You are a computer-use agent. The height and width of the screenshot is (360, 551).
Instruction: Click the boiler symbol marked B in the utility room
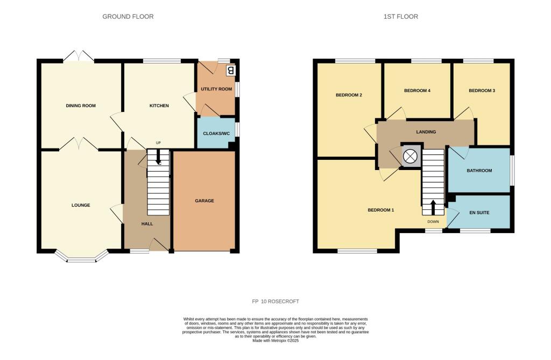pos(231,70)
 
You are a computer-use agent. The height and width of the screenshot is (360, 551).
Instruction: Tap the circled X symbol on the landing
pos(411,156)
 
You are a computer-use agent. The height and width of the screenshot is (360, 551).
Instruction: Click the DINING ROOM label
pos(81,105)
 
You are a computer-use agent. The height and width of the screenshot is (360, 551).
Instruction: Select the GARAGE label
pos(204,201)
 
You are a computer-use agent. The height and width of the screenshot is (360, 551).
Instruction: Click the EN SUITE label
pos(479,213)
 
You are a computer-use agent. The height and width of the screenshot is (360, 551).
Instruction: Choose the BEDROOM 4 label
pos(417,90)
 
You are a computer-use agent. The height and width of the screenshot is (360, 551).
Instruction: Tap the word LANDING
pos(426,132)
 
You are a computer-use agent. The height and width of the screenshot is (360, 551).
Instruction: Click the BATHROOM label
pos(479,171)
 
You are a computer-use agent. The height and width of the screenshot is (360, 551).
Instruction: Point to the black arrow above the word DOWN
pos(433,207)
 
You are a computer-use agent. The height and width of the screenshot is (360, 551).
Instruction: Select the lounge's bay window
pos(82,259)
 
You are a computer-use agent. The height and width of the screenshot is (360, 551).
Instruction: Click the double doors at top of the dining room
pos(78,56)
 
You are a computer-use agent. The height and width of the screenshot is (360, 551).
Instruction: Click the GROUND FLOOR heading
pos(128,17)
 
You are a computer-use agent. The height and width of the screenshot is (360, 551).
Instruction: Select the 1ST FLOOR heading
pos(400,17)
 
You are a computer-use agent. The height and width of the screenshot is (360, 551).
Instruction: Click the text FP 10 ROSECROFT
pos(275,301)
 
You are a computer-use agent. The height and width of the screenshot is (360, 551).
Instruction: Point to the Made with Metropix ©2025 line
pos(275,340)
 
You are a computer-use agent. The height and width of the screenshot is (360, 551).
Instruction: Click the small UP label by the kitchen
pos(158,143)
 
